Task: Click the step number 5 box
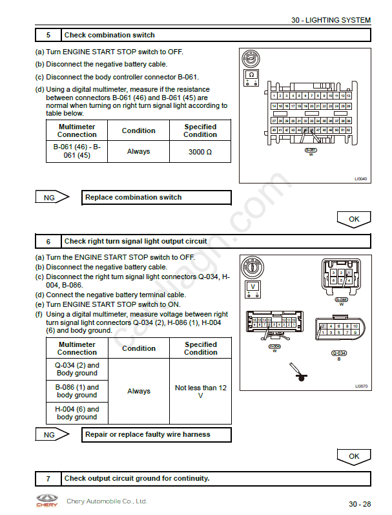point(48,35)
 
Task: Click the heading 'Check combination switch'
point(110,35)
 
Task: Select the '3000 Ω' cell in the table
point(200,152)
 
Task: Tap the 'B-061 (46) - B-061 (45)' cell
point(77,152)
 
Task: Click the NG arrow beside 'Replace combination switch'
point(52,198)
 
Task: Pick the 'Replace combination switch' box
point(157,198)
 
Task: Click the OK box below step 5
point(354,219)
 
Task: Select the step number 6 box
point(48,242)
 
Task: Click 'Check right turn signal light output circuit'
point(136,242)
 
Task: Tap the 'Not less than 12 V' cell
point(200,392)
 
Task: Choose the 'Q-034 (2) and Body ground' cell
point(77,369)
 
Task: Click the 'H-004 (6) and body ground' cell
point(77,413)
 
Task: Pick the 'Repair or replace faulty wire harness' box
point(157,435)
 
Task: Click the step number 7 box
point(48,479)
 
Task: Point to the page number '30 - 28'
point(360,504)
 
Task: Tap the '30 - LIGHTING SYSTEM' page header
point(331,20)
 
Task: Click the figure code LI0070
point(361,386)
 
